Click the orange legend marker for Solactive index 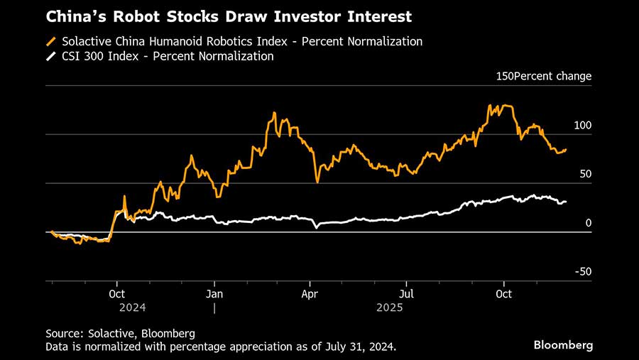(x=51, y=41)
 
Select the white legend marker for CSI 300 (x=51, y=56)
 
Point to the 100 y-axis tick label (x=582, y=126)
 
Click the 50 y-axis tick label (x=585, y=174)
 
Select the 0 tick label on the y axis (x=588, y=223)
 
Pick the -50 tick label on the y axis (x=582, y=271)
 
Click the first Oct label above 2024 (x=118, y=293)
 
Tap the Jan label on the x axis (x=214, y=293)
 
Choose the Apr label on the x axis (x=310, y=293)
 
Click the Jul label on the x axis (x=406, y=293)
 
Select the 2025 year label (x=390, y=307)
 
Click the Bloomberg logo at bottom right (x=563, y=344)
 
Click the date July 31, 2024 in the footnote (x=359, y=347)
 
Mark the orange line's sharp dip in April (x=317, y=182)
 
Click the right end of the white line (x=566, y=202)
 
